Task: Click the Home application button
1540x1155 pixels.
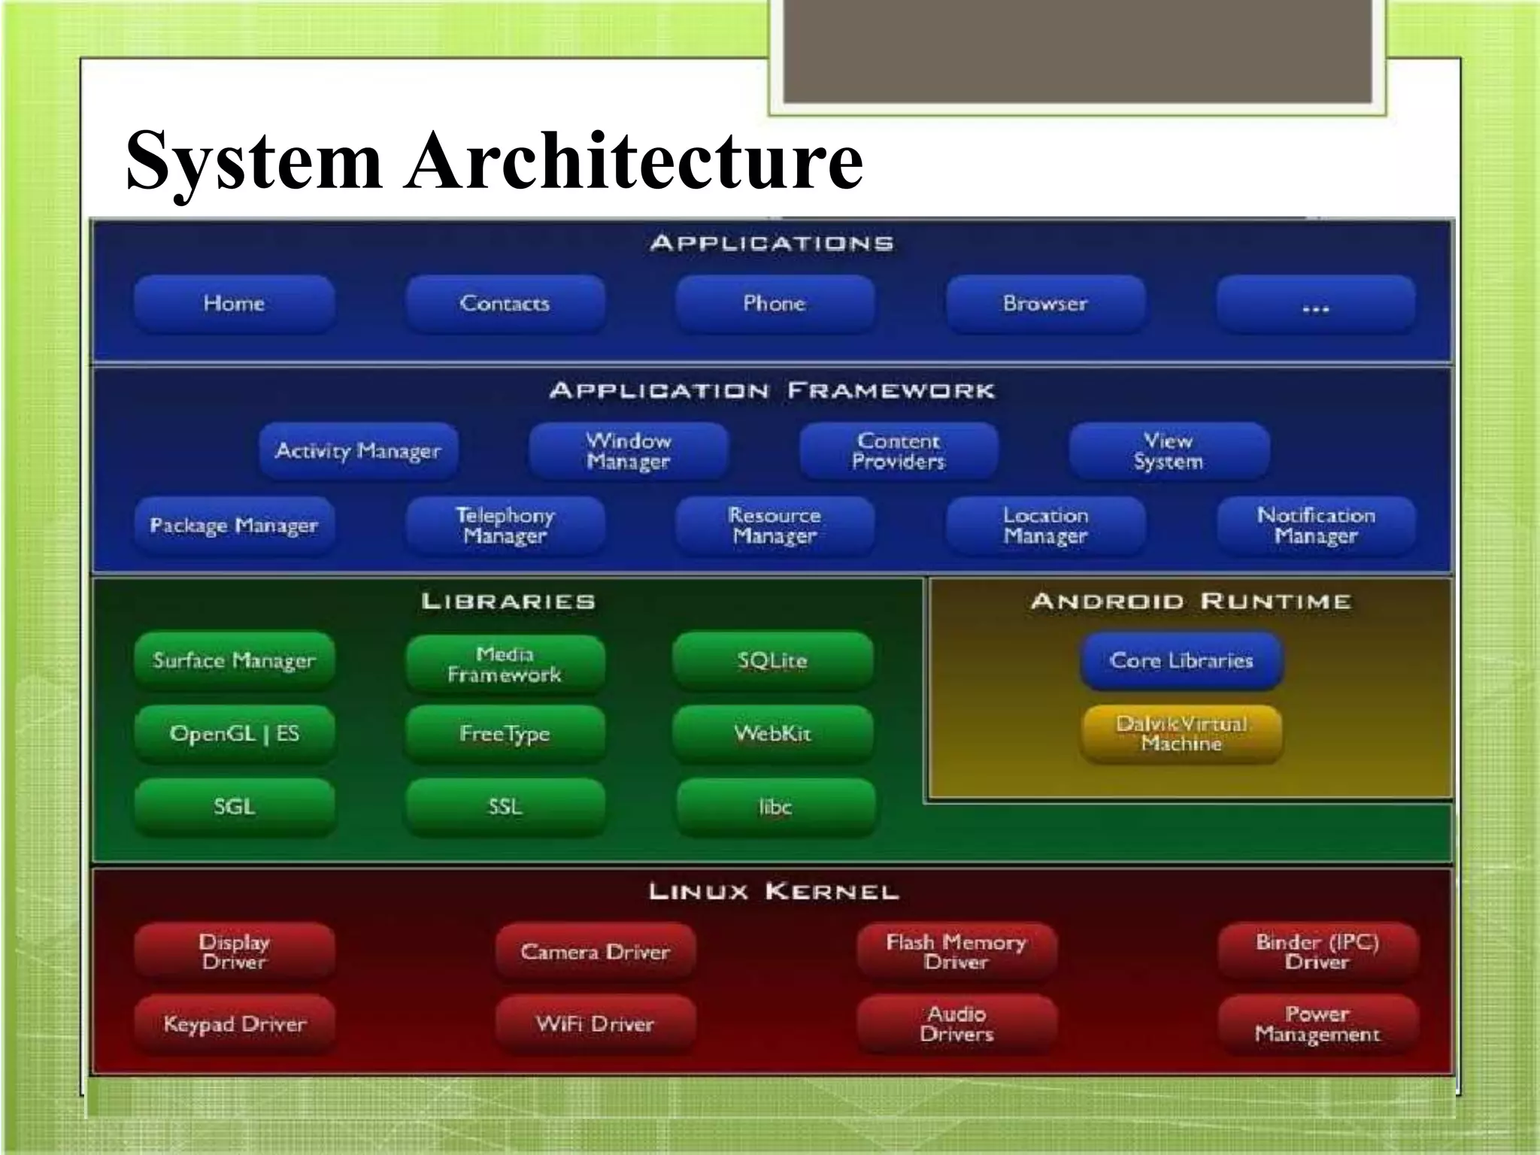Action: pos(234,304)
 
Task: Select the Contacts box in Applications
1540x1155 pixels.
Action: pos(505,304)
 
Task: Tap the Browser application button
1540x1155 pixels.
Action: pos(1045,304)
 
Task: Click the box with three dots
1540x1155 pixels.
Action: pos(1315,304)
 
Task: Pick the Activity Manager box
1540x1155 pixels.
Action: pos(358,451)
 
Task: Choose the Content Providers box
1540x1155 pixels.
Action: pos(899,451)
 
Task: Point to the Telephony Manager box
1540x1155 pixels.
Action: pos(505,526)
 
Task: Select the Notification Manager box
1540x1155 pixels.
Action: pos(1316,526)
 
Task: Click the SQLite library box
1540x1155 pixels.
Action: pos(773,661)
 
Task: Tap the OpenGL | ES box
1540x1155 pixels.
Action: pos(234,733)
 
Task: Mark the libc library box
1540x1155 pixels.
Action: pos(775,807)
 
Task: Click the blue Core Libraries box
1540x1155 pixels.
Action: pos(1181,661)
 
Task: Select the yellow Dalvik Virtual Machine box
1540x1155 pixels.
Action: pos(1181,734)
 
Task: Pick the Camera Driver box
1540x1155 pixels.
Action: pos(595,952)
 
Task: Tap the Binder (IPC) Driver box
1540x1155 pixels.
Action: pos(1317,952)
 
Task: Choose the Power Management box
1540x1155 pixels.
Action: pos(1317,1024)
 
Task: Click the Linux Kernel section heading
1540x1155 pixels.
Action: pos(774,893)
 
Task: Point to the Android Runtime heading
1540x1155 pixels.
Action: pos(1191,602)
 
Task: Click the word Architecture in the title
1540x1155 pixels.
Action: pos(634,160)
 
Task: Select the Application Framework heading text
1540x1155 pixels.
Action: pos(772,391)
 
